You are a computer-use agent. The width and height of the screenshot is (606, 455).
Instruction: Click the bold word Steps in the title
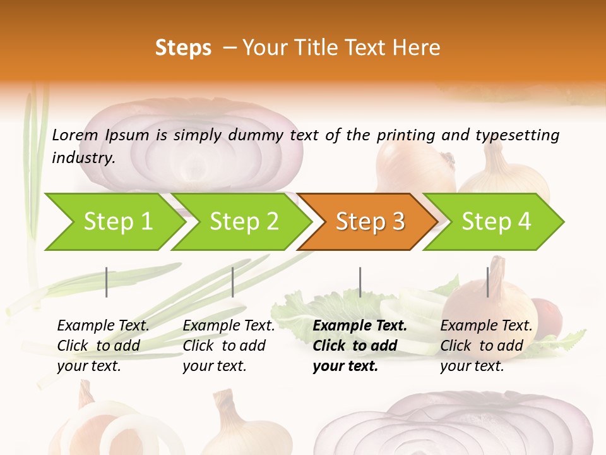[183, 48]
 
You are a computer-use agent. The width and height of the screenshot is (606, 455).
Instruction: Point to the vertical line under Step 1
[107, 282]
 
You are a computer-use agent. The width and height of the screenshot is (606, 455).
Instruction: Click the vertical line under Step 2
[233, 282]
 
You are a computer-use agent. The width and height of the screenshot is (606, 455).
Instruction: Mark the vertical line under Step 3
[360, 282]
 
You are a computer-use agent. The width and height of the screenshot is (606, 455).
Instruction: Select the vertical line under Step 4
[487, 282]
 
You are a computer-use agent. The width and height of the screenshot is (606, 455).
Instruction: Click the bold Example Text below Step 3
[359, 346]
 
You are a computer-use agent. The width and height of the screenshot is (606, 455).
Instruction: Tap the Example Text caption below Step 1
[103, 346]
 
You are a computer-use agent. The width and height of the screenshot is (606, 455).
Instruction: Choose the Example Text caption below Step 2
[229, 346]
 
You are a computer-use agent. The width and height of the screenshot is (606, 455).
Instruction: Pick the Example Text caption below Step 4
[486, 346]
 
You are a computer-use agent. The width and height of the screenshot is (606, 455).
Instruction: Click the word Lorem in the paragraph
[75, 135]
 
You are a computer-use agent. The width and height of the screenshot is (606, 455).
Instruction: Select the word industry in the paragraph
[83, 158]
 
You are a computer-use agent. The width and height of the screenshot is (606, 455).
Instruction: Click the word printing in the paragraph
[407, 135]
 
